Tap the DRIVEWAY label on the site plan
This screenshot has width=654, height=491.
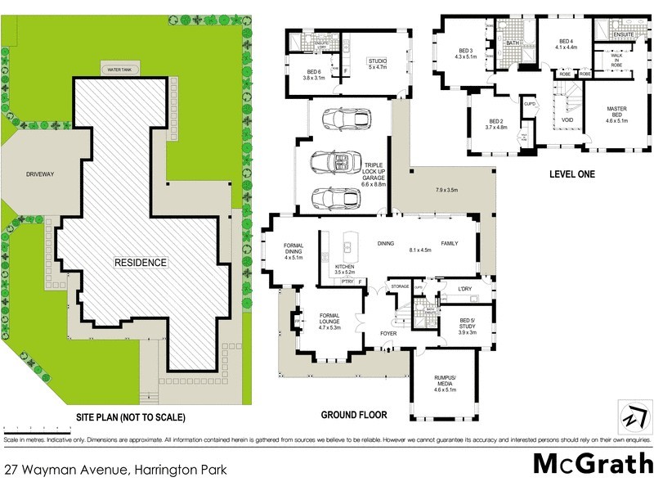click(x=38, y=173)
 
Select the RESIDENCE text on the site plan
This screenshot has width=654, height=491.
click(x=140, y=263)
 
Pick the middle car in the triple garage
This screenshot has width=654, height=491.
click(x=335, y=162)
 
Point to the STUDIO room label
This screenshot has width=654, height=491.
click(x=377, y=64)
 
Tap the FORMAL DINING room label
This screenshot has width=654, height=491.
click(x=293, y=251)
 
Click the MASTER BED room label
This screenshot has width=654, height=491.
click(x=616, y=114)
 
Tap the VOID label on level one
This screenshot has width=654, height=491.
click(x=567, y=120)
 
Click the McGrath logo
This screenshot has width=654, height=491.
click(x=589, y=463)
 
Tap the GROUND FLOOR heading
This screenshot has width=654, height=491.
click(x=353, y=415)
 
